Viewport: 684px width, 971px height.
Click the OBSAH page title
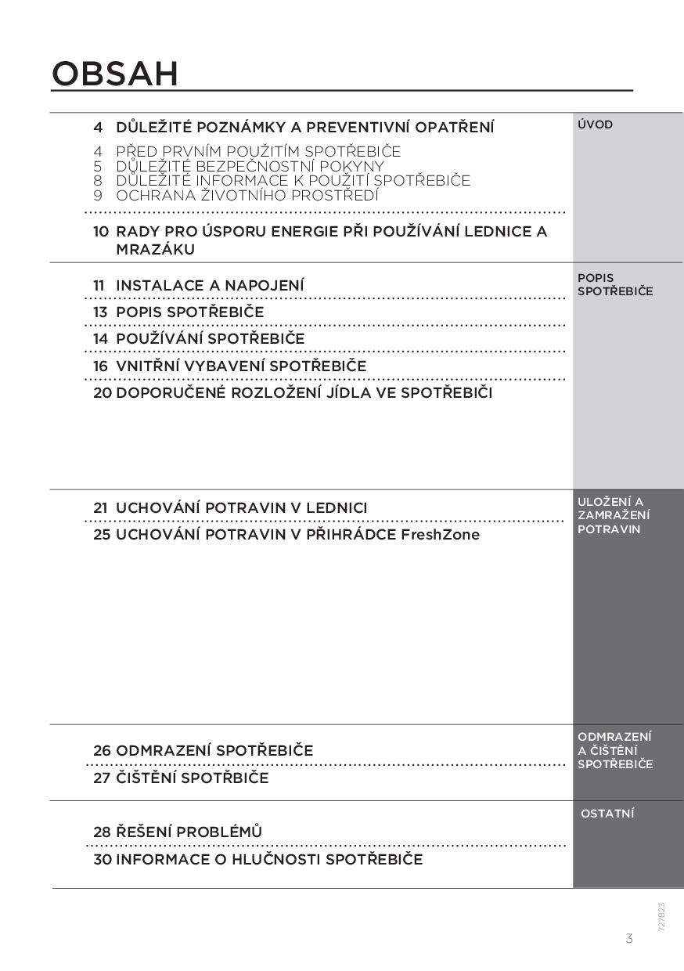115,74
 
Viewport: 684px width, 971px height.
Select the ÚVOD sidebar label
595,125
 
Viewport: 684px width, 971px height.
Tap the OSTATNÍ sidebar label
607,814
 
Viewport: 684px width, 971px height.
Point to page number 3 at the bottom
629,938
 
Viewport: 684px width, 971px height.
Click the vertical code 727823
661,916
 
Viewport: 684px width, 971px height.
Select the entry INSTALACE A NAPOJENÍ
210,285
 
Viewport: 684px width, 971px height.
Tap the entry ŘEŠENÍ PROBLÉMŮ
189,832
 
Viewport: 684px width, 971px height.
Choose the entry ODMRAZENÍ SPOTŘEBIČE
214,750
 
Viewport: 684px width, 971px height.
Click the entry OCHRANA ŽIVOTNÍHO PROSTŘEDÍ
247,195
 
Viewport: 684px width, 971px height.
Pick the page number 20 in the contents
103,392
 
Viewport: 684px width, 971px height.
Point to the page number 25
102,535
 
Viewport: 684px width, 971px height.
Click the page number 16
101,366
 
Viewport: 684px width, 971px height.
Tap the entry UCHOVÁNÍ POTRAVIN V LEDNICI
241,507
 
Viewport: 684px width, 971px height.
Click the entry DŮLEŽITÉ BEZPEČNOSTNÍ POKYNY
250,166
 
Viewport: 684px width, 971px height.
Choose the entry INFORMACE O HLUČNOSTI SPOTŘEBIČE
268,859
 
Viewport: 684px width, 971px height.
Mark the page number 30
103,859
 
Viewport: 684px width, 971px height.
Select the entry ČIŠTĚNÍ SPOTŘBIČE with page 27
192,778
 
